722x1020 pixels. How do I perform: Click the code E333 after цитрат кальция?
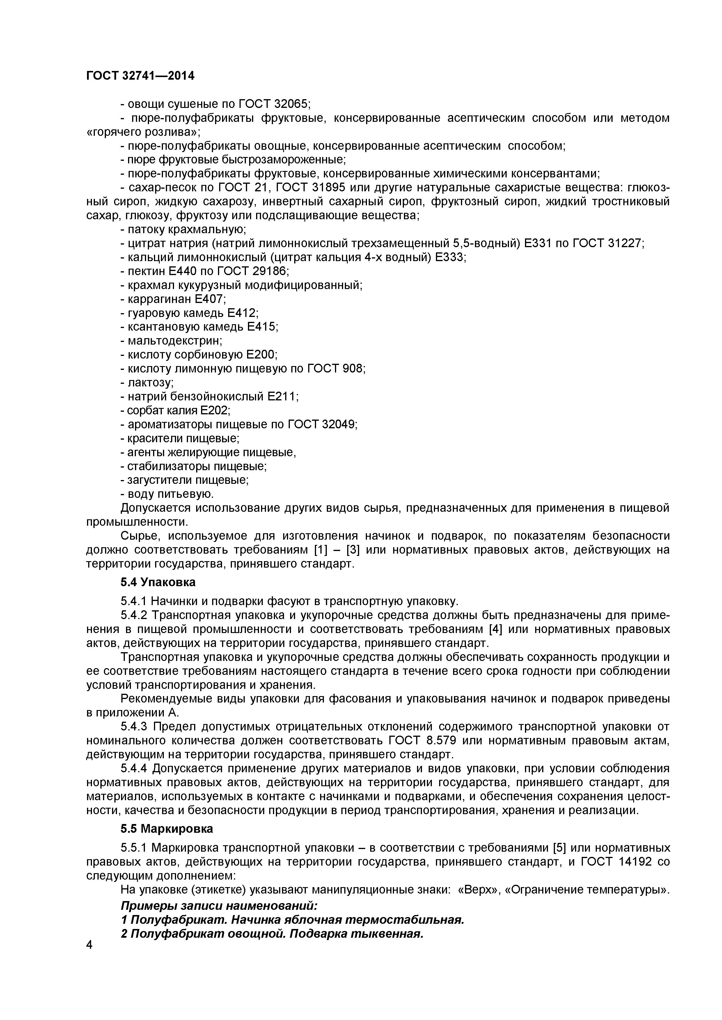point(450,257)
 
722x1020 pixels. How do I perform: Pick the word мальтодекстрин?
point(175,341)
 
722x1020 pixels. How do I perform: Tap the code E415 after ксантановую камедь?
point(262,327)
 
